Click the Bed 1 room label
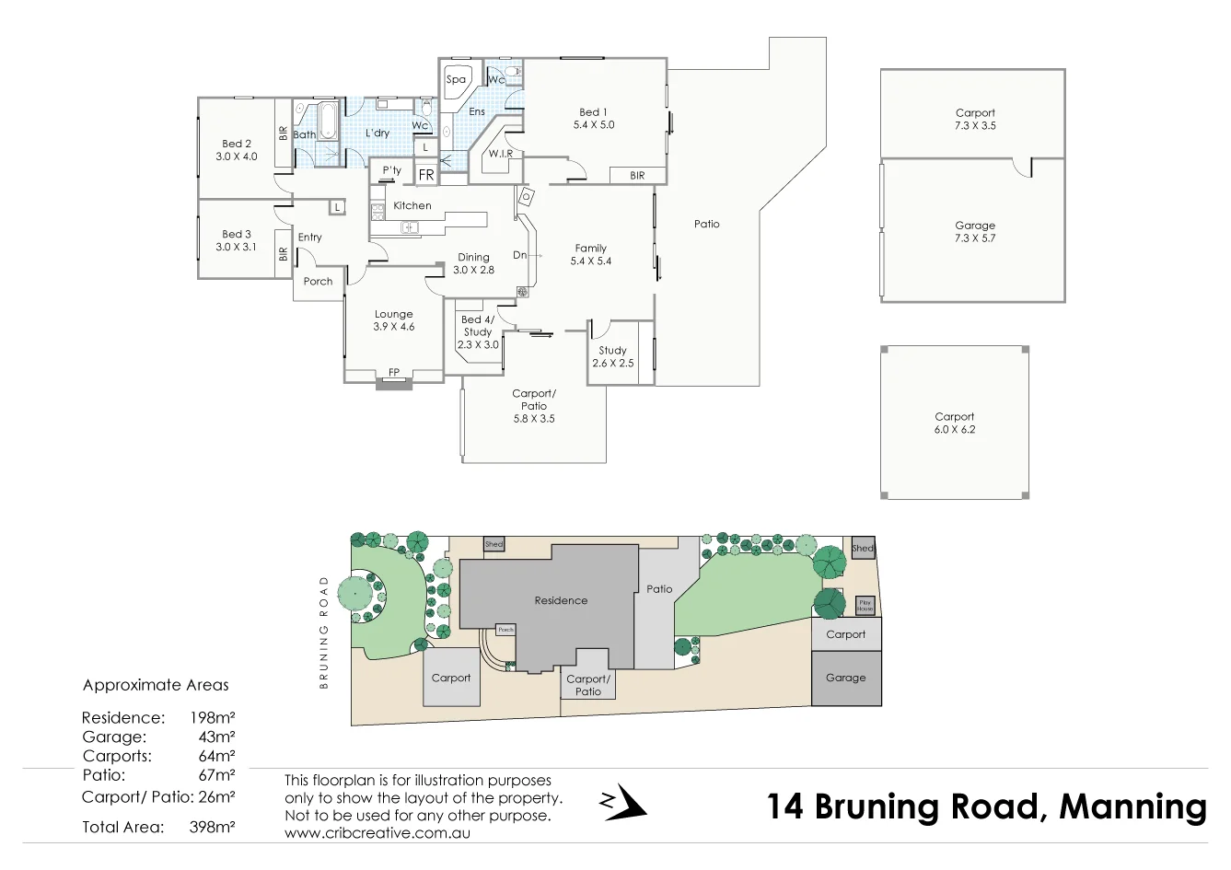point(593,118)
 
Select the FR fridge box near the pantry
point(425,174)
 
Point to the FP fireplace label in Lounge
point(394,373)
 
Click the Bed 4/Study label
point(478,331)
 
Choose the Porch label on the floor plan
point(318,282)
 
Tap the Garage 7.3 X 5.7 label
point(975,231)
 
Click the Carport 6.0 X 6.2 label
point(954,423)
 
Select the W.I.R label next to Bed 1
point(501,154)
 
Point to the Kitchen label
point(412,206)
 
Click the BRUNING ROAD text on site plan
point(324,632)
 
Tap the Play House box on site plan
point(865,606)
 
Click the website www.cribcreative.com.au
point(377,832)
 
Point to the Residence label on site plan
point(561,600)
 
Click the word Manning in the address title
point(1132,806)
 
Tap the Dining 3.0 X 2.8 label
point(473,264)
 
